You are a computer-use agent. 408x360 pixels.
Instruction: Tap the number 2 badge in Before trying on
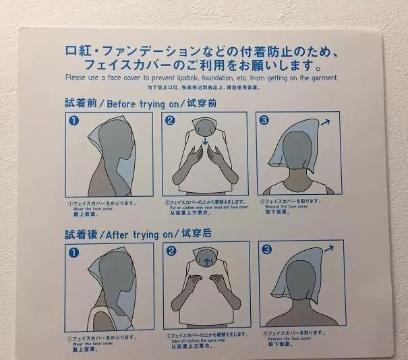[171, 121]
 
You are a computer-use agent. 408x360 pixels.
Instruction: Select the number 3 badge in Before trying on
[264, 121]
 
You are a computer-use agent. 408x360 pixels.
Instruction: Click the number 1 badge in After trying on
[74, 252]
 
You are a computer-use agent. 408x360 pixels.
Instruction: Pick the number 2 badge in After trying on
[171, 251]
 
